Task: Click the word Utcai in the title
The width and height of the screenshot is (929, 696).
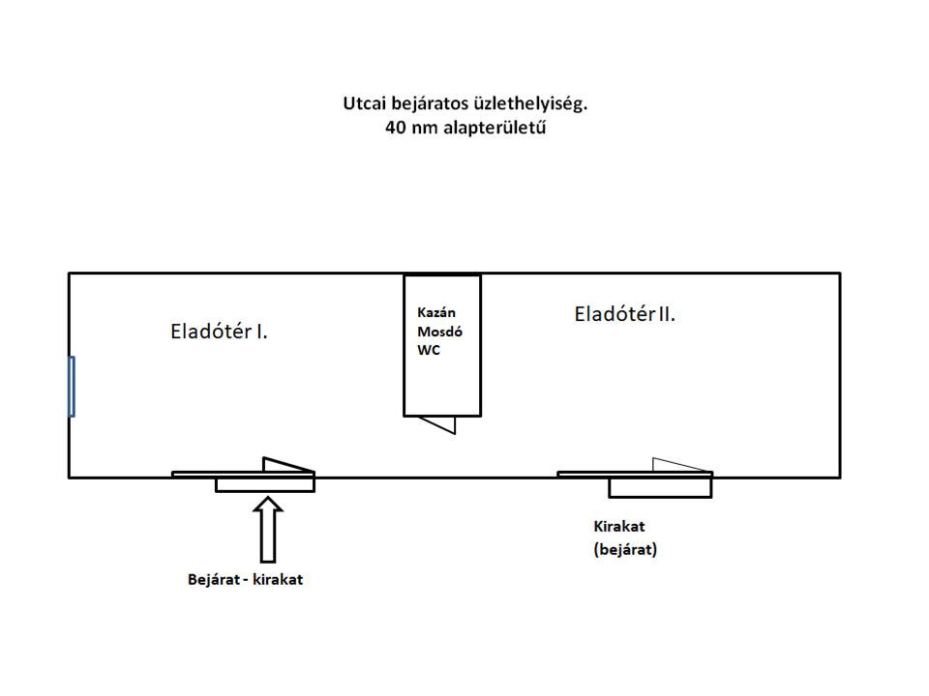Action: point(364,102)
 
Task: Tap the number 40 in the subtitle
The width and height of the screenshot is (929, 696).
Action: point(395,128)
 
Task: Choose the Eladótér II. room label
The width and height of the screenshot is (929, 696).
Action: point(624,314)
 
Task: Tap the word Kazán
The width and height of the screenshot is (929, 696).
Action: point(435,313)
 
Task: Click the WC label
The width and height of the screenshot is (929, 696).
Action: point(428,350)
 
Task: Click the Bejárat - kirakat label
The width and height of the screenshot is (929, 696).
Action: point(245,580)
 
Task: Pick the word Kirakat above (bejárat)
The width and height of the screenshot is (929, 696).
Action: point(619,527)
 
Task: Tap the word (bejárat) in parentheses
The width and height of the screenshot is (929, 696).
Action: point(625,550)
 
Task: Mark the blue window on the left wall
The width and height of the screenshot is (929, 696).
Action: point(72,386)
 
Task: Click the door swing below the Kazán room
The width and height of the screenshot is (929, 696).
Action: point(439,423)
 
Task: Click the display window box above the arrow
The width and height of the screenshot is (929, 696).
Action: point(264,484)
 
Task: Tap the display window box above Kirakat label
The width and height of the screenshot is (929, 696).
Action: point(660,487)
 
